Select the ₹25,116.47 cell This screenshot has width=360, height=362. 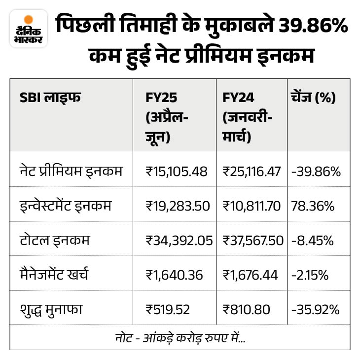(x=252, y=172)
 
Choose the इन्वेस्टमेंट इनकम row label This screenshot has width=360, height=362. (x=66, y=206)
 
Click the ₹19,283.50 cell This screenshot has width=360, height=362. (x=178, y=206)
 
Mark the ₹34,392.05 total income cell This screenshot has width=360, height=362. (x=179, y=241)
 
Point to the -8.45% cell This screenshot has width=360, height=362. (x=313, y=241)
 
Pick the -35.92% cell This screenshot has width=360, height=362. (x=315, y=309)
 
